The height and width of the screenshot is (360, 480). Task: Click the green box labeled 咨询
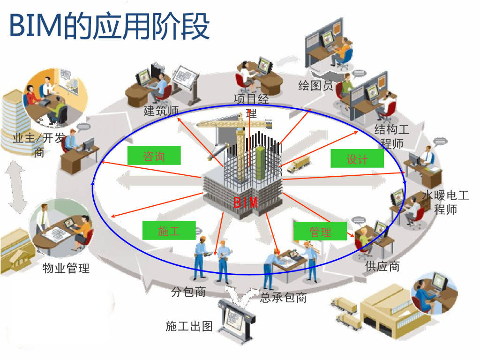click(x=154, y=156)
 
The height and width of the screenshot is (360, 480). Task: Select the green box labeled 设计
click(x=357, y=158)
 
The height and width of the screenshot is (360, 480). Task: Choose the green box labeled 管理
click(x=320, y=231)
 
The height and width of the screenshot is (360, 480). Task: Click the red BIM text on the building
click(x=246, y=202)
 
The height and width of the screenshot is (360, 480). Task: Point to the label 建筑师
click(x=161, y=111)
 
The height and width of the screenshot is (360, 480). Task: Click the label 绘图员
click(x=316, y=85)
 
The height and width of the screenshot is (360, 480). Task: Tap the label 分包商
click(x=188, y=292)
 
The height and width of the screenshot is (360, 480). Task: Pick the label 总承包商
click(x=283, y=297)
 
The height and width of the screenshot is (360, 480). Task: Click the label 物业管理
click(x=66, y=269)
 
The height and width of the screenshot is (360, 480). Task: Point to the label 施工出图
click(x=189, y=326)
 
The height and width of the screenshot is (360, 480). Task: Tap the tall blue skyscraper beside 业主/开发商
click(x=14, y=120)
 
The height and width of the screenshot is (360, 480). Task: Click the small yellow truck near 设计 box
click(x=299, y=165)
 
